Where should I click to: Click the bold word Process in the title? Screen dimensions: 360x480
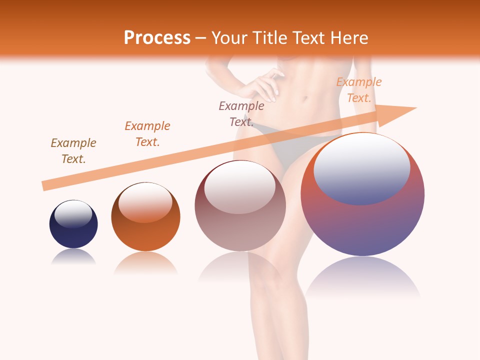click(x=157, y=37)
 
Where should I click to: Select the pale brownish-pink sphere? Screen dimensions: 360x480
click(x=240, y=230)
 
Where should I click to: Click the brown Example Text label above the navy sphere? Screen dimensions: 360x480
click(x=73, y=151)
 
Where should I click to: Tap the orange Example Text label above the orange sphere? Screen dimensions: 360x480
click(x=147, y=134)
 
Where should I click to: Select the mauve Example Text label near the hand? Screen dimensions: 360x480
click(x=241, y=113)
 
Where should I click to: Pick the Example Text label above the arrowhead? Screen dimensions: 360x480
click(x=359, y=90)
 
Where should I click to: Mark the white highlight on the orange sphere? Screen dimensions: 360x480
click(x=145, y=202)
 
